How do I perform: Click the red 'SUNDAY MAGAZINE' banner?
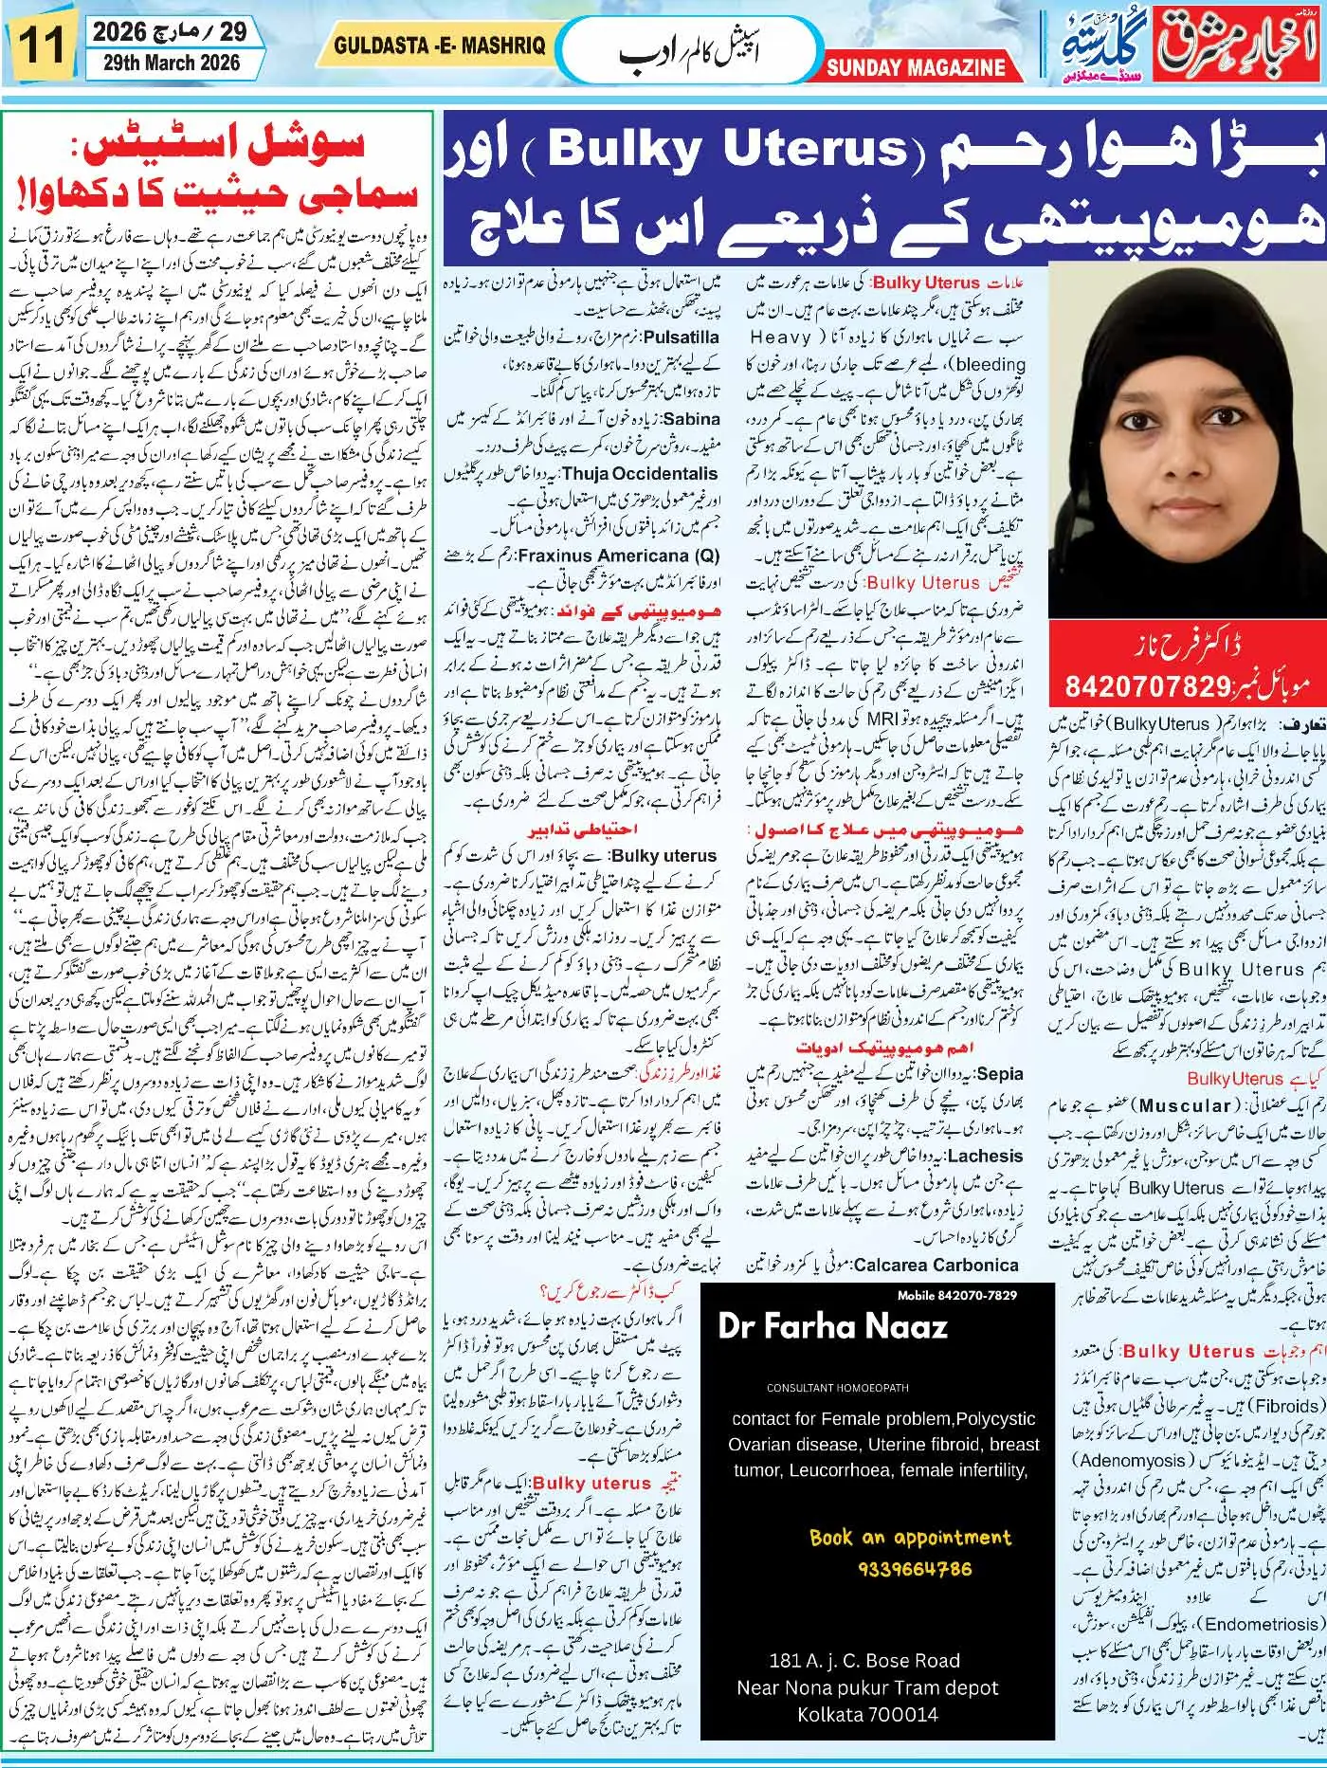pyautogui.click(x=915, y=67)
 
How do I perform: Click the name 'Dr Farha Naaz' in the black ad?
pyautogui.click(x=831, y=1325)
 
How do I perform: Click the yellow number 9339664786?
pyautogui.click(x=915, y=1569)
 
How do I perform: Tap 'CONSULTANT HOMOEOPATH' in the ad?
pyautogui.click(x=838, y=1387)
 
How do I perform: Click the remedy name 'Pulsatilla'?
pyautogui.click(x=680, y=337)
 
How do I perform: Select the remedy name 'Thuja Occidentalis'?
pyautogui.click(x=640, y=474)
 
